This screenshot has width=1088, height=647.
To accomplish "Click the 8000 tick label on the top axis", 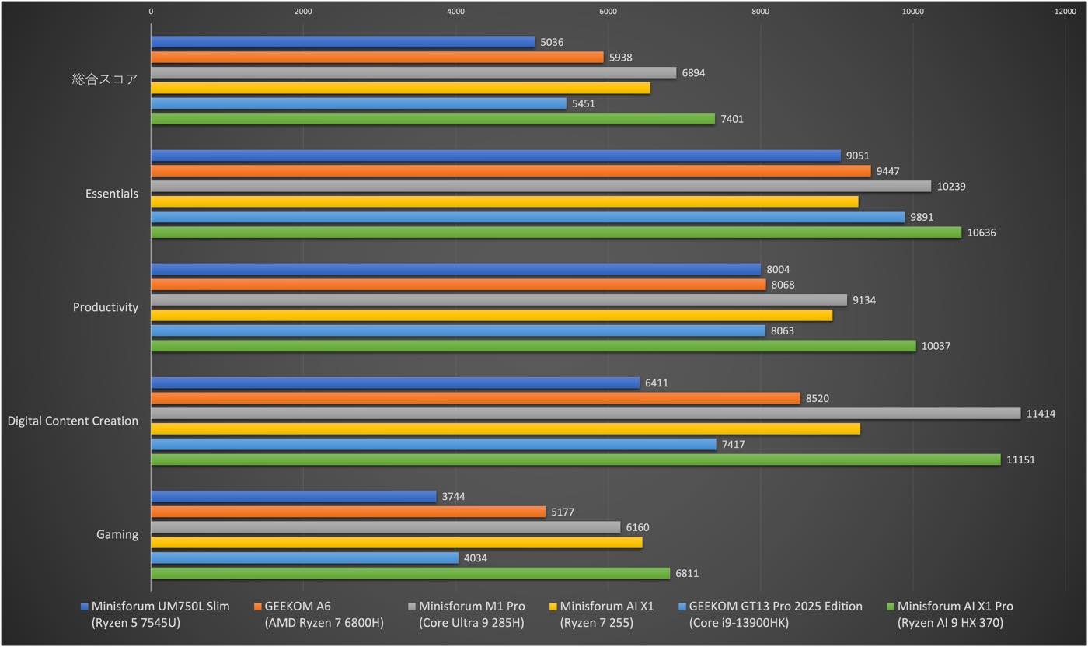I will (760, 12).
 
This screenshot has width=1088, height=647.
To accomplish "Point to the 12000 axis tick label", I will (1065, 12).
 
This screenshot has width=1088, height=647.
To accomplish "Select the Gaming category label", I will (117, 535).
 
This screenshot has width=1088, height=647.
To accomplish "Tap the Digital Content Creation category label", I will (73, 421).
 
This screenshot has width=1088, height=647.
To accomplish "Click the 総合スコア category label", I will (105, 79).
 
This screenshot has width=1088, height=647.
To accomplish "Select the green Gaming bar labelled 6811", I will (410, 573).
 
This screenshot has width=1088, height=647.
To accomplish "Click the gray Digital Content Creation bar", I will (585, 414).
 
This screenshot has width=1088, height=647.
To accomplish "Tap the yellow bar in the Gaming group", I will (396, 543).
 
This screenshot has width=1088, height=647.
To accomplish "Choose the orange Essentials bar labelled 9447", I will (511, 171).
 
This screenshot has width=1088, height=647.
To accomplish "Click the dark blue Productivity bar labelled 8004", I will (455, 269).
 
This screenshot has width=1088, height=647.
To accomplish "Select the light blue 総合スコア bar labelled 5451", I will (358, 103).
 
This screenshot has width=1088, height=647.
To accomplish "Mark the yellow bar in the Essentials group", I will (504, 201).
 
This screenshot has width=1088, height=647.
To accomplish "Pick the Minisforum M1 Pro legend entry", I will (471, 614).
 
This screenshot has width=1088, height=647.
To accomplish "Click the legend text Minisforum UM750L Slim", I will (160, 607).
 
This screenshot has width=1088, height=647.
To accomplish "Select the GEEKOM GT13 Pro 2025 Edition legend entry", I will (775, 614).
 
